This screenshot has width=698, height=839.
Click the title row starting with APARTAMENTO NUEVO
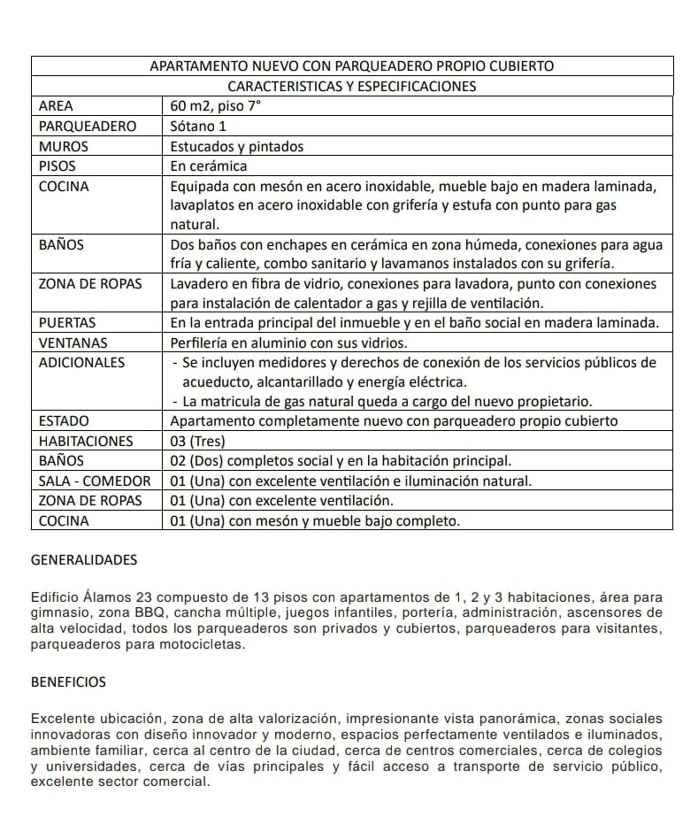tap(352, 66)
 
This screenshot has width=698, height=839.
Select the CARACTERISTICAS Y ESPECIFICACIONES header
tap(352, 86)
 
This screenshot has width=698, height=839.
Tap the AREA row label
tap(57, 106)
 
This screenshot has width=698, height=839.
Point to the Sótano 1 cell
tap(198, 126)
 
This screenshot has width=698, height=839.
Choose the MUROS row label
tap(64, 146)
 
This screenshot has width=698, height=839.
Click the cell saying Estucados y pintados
tap(236, 146)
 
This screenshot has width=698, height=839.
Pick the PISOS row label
tap(58, 165)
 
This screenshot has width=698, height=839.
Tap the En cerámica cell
tap(209, 165)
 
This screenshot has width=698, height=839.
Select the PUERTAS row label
tap(67, 323)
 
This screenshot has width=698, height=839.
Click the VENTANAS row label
tap(73, 343)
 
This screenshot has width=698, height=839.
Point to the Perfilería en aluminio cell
tap(288, 343)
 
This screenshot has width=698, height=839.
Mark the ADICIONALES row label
tap(82, 362)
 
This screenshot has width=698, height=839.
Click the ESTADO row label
tap(64, 421)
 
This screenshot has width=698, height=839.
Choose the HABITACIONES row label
tap(86, 441)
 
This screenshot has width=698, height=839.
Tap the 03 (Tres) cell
tap(198, 441)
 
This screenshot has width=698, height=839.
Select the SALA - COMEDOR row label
tap(95, 481)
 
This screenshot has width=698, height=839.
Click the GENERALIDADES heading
tap(84, 560)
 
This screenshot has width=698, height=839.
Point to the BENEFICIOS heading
tap(68, 682)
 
